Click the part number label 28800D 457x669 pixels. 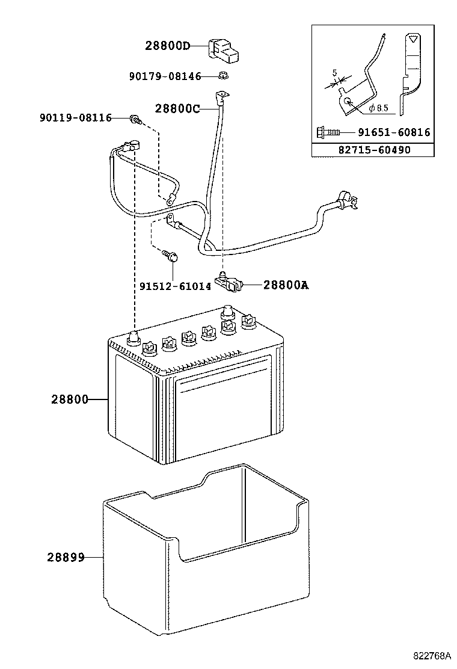point(167,46)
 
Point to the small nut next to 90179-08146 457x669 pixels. point(222,76)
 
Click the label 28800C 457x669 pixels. point(177,109)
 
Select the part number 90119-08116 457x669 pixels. point(76,118)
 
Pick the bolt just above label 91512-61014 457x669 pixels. point(171,257)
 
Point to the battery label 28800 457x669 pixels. point(69,399)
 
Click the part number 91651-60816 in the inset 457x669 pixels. point(394,132)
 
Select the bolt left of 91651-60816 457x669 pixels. point(328,132)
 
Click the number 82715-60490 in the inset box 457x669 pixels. point(375,149)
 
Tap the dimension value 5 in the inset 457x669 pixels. point(334,73)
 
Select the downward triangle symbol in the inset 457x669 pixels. point(411,40)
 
